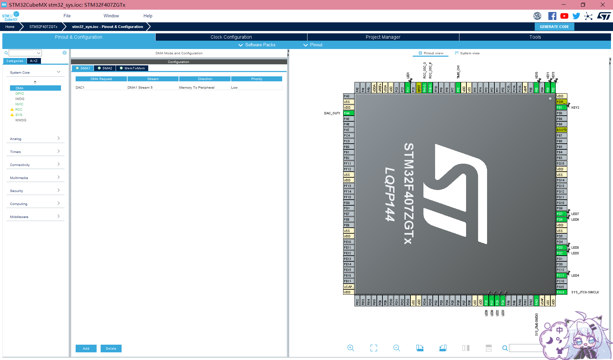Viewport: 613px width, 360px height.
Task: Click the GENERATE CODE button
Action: click(554, 27)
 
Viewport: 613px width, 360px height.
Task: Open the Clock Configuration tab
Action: click(231, 37)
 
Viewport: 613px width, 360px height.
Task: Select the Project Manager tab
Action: click(383, 37)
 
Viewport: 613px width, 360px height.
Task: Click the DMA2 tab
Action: click(105, 68)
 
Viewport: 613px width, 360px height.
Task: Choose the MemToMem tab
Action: click(132, 68)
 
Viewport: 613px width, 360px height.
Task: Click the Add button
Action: click(86, 348)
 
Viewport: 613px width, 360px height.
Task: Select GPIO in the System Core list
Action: click(20, 94)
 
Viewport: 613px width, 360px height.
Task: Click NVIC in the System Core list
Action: click(19, 104)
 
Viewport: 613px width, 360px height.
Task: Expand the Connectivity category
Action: click(35, 165)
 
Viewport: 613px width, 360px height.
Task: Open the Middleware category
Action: click(35, 217)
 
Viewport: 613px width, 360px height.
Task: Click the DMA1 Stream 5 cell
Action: click(140, 88)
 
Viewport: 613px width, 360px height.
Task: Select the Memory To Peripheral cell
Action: click(197, 88)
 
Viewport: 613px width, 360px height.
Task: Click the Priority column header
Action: click(257, 79)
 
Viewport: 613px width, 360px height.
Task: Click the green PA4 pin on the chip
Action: click(348, 113)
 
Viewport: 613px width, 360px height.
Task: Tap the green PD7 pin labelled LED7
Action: click(561, 214)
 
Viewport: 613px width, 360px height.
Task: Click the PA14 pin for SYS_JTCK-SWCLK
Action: click(561, 292)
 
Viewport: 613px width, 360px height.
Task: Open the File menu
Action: click(67, 16)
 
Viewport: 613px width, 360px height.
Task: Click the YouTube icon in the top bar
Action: click(564, 16)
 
